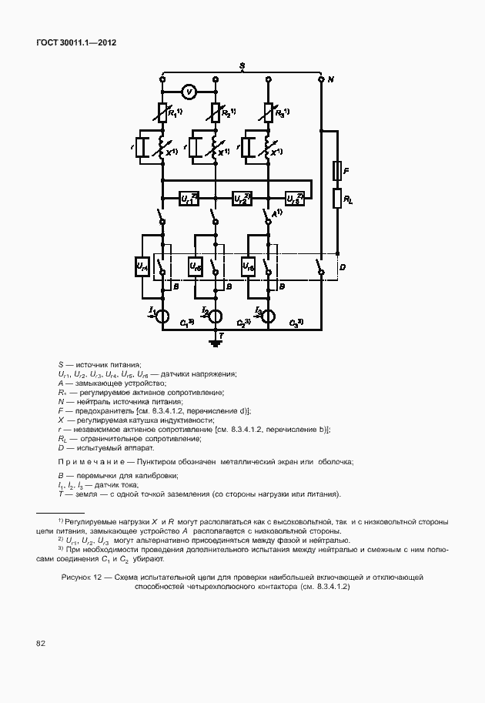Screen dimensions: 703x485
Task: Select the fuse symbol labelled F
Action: click(x=336, y=169)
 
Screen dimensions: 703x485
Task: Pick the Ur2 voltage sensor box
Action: click(x=242, y=198)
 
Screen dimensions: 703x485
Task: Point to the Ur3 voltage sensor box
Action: click(x=295, y=198)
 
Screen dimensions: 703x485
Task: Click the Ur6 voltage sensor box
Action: click(x=248, y=266)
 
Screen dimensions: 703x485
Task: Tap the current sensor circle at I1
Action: click(x=163, y=316)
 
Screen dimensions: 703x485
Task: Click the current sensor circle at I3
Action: click(x=269, y=316)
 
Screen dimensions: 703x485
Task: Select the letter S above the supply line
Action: click(x=242, y=68)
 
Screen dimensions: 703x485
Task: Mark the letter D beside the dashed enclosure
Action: click(x=343, y=266)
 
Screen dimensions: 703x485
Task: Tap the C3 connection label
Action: click(x=296, y=322)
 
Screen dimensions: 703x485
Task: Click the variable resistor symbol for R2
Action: click(x=216, y=113)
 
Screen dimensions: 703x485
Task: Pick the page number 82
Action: click(x=39, y=642)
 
